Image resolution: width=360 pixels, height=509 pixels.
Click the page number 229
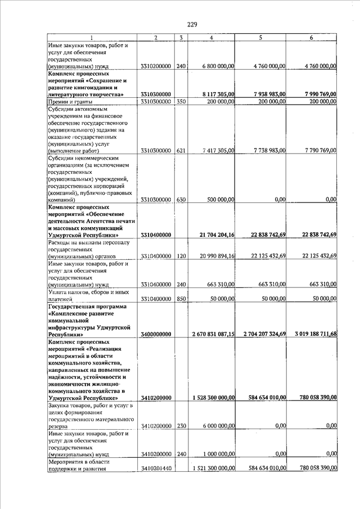[192, 24]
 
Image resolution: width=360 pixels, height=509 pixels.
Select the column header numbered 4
[210, 38]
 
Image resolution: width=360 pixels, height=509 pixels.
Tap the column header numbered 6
[311, 38]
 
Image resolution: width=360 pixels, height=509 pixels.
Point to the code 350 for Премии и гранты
[181, 102]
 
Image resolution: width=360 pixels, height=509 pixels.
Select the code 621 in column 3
[181, 151]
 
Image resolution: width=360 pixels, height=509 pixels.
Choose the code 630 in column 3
[181, 200]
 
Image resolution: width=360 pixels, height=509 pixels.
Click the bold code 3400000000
[156, 334]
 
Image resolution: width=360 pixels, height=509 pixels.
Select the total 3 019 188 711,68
[310, 334]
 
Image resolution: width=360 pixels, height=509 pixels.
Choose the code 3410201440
[156, 468]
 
